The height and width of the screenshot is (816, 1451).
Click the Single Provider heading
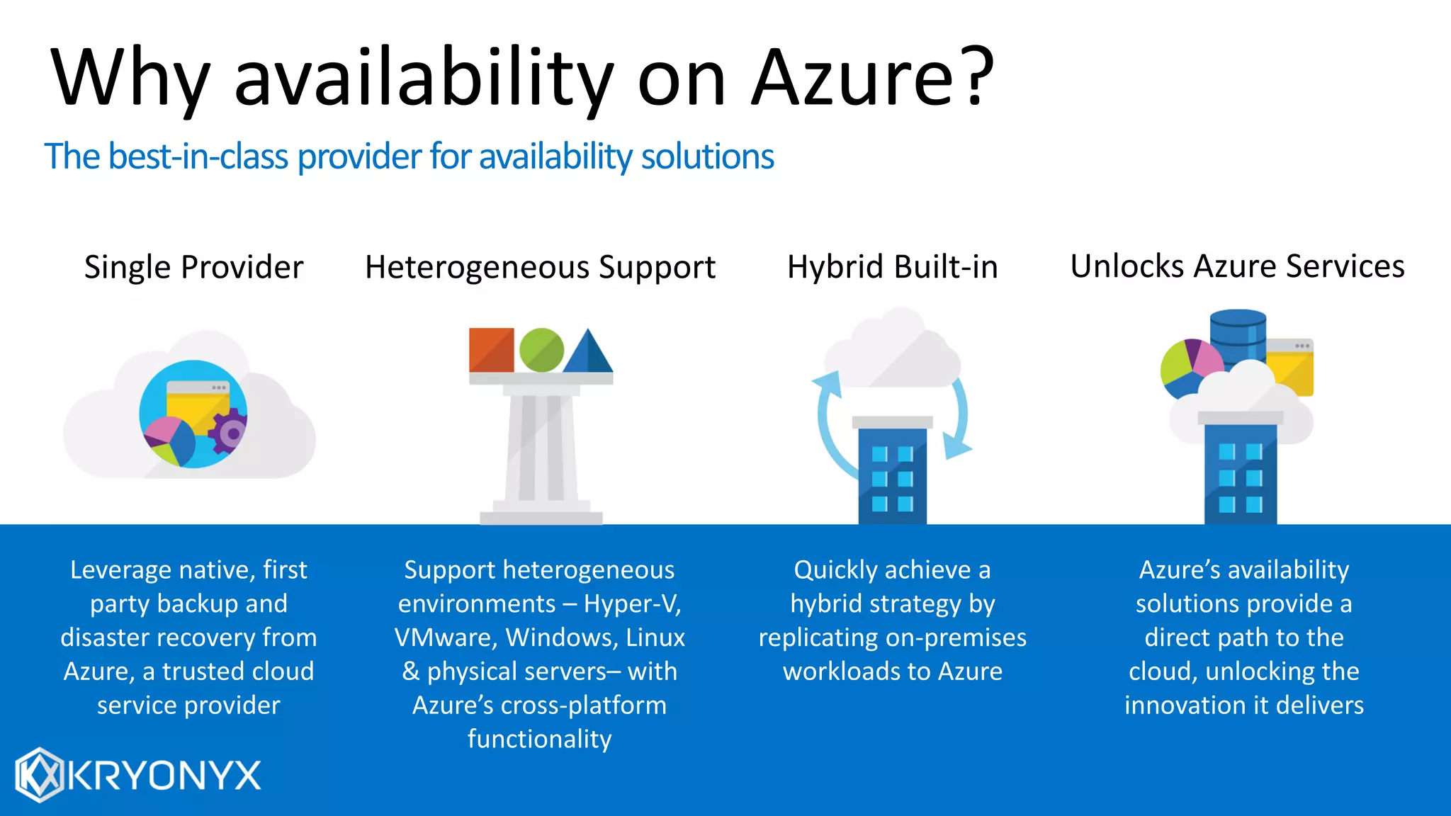pos(193,267)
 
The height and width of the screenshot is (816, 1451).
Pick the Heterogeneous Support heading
pos(540,267)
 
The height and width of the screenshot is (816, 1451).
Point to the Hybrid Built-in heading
pos(892,267)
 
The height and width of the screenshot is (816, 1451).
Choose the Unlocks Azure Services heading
pos(1237,266)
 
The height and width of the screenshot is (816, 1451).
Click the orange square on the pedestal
pos(491,350)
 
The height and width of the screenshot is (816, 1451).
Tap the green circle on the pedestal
pos(541,350)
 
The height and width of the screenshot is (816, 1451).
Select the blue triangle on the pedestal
pos(589,353)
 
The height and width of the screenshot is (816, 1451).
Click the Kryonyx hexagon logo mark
pos(40,775)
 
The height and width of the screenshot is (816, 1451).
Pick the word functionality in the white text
pos(539,739)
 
